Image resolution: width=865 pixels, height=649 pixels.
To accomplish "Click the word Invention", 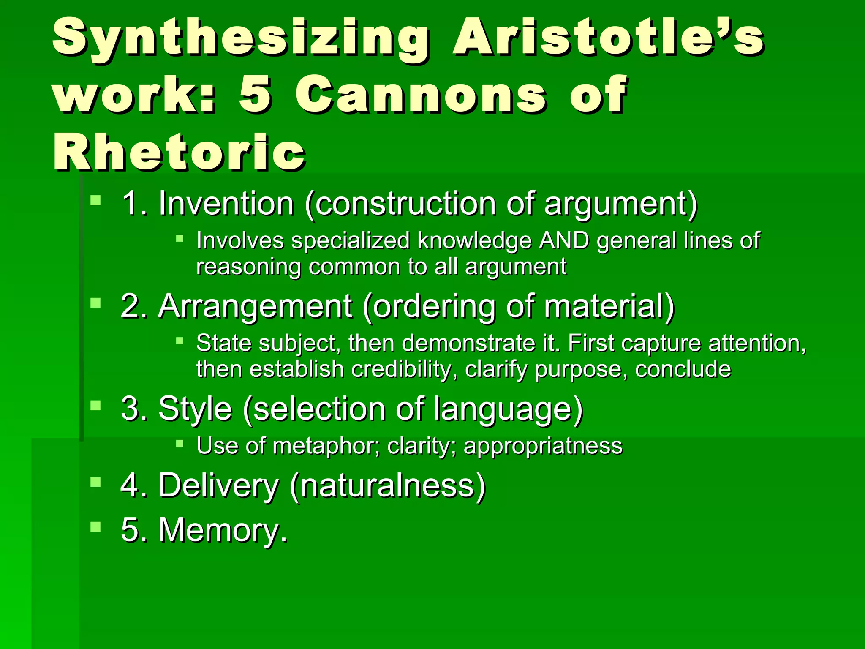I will (226, 204).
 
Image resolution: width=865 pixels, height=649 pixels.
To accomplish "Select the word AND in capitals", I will (564, 241).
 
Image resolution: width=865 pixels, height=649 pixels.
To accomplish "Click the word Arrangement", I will (255, 306).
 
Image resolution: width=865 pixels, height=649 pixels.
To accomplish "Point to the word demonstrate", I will (469, 343).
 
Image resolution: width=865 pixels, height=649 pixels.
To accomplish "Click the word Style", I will (195, 409).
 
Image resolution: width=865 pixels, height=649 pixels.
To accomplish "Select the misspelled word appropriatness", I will (543, 446).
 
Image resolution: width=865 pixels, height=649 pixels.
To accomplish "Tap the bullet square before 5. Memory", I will (96, 526).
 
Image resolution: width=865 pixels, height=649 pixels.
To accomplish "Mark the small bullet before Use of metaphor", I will (180, 443).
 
